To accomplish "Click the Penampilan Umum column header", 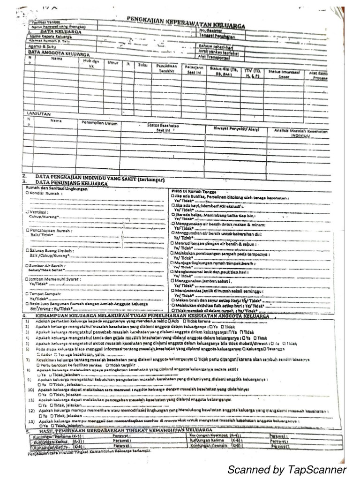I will [99, 123].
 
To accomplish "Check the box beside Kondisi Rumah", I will [27, 193].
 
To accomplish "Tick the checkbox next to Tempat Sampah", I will [27, 293].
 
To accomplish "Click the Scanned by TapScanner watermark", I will [287, 470].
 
